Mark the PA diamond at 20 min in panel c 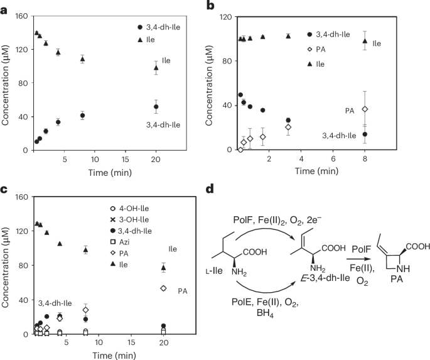(x=163, y=288)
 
